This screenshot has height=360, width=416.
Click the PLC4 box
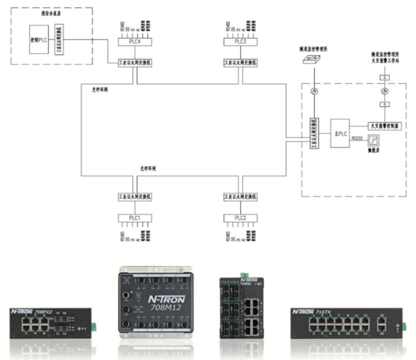coord(135,42)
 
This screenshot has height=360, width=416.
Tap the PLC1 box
coord(135,218)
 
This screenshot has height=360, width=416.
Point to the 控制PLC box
coord(39,40)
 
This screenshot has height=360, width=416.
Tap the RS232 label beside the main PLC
coord(357,138)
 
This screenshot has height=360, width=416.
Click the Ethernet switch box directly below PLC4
coord(135,62)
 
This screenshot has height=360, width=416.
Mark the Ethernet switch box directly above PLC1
coord(135,197)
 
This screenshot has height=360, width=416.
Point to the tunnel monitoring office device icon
coord(311,60)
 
